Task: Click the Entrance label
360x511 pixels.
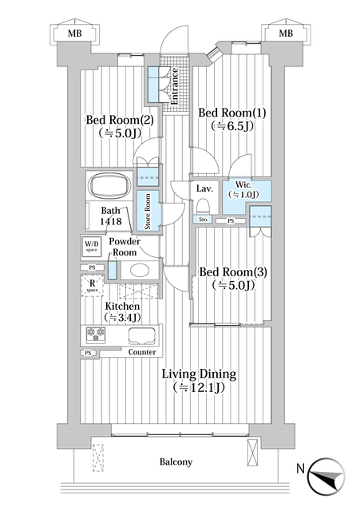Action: pos(173,86)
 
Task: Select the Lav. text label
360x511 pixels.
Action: pos(203,188)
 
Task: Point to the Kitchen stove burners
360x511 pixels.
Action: pos(96,335)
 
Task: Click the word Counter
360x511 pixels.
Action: pos(141,351)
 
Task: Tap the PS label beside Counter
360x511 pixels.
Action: pos(86,352)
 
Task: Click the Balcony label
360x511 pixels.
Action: pos(174,461)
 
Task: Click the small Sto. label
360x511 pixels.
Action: pos(203,220)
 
